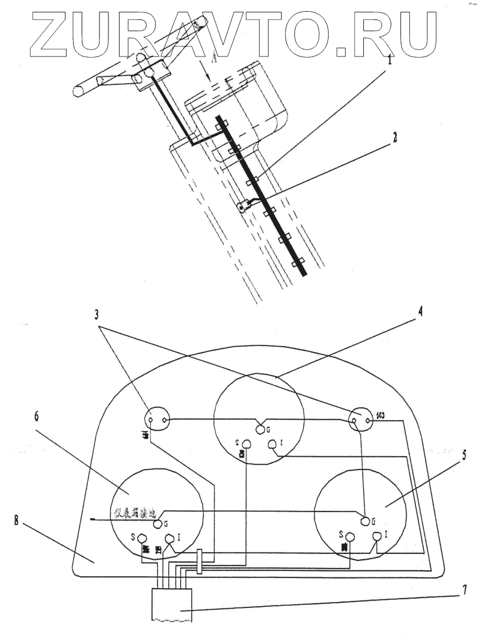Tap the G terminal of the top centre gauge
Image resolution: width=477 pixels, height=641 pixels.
click(x=260, y=429)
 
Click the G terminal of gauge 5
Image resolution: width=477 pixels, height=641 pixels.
click(x=366, y=520)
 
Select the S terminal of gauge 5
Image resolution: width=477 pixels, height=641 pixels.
click(x=349, y=536)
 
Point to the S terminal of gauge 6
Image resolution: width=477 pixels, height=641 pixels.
click(x=142, y=537)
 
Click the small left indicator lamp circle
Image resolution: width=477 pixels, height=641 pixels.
click(x=157, y=420)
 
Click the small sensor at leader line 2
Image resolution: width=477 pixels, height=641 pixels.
click(x=242, y=207)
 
